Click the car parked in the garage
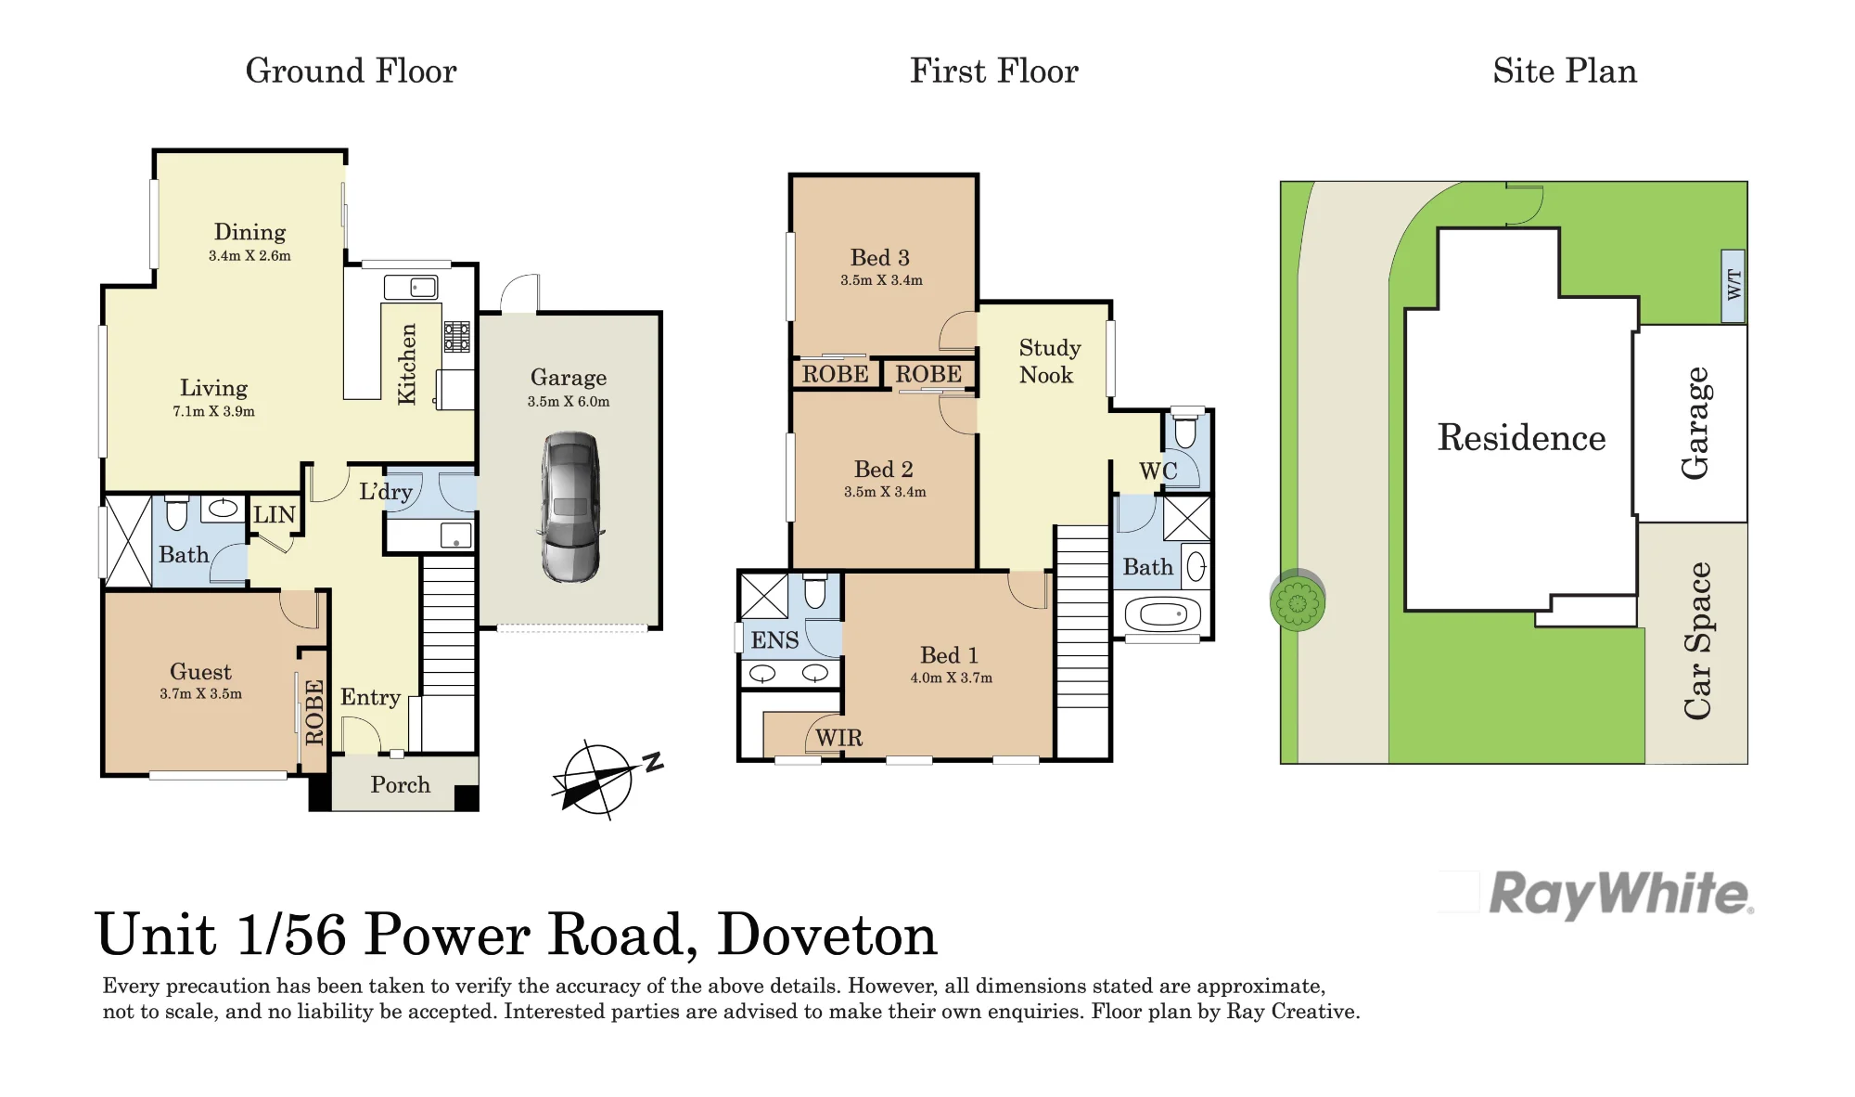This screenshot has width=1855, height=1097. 570,507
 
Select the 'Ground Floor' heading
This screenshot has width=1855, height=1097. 351,71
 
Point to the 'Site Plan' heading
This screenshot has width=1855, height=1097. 1565,71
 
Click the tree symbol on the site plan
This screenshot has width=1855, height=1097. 1298,601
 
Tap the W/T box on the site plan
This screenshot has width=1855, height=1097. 1733,286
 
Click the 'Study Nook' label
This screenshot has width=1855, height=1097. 1049,361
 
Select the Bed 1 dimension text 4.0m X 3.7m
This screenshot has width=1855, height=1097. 951,678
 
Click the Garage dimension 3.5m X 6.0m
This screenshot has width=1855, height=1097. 569,402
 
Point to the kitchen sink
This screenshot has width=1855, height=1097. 411,288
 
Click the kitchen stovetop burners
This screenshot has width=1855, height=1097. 456,337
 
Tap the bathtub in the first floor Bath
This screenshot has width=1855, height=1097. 1162,614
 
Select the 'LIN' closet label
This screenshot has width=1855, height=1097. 275,515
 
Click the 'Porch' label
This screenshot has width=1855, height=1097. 401,785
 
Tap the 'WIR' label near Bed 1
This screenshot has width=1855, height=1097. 839,738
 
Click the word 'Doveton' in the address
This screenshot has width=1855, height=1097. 827,935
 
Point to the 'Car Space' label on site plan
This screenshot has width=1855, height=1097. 1697,640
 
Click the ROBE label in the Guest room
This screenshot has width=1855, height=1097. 314,712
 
